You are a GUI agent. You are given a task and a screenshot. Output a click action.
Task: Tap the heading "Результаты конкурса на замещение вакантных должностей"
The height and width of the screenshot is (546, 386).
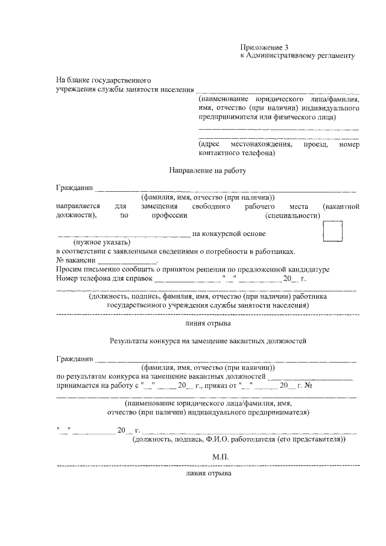208,341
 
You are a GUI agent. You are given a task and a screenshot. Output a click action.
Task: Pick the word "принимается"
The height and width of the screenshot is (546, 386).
78,384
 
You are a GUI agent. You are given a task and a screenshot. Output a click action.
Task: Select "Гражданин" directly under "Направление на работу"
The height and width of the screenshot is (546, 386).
75,189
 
